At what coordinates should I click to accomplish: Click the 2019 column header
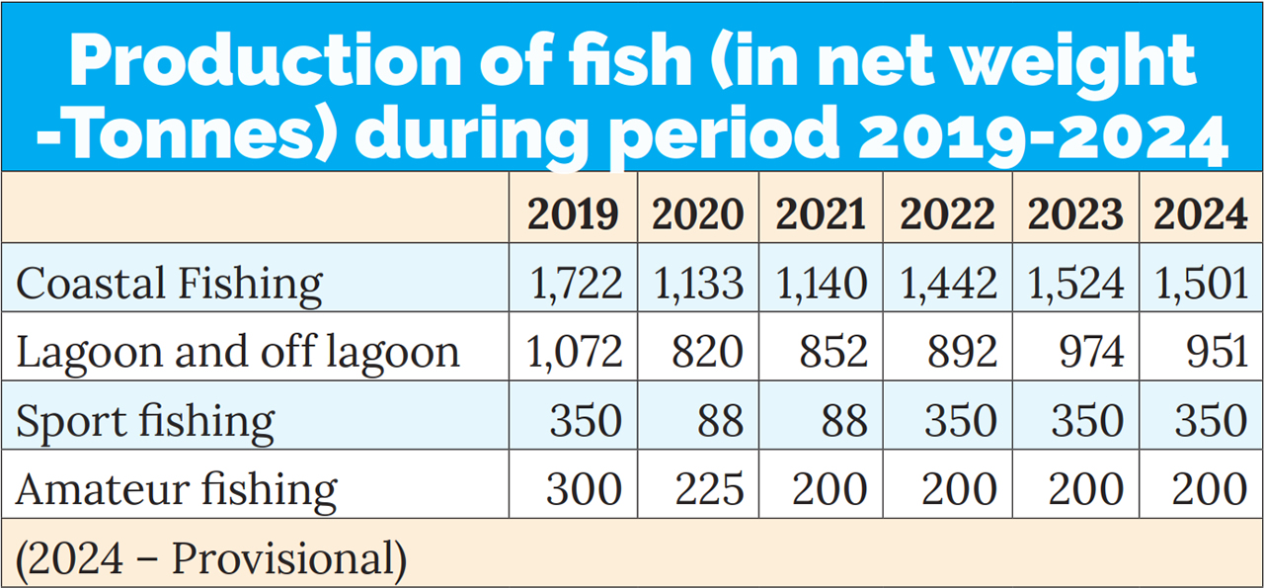click(574, 214)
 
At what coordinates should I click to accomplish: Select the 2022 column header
click(947, 214)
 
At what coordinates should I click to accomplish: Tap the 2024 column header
click(1201, 214)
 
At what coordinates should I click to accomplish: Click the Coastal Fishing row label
click(169, 285)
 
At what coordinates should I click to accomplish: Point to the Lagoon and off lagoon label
click(238, 353)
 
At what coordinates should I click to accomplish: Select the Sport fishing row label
click(145, 422)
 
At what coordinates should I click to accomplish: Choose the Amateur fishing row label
click(177, 490)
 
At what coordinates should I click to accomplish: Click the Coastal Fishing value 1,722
click(577, 285)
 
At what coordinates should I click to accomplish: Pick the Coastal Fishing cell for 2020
click(698, 285)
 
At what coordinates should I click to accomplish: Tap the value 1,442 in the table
click(948, 285)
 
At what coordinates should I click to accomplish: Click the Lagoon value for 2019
click(577, 353)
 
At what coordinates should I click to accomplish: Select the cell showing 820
click(708, 353)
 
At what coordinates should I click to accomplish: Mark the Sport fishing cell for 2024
click(1212, 422)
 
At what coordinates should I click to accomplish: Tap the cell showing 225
click(708, 490)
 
